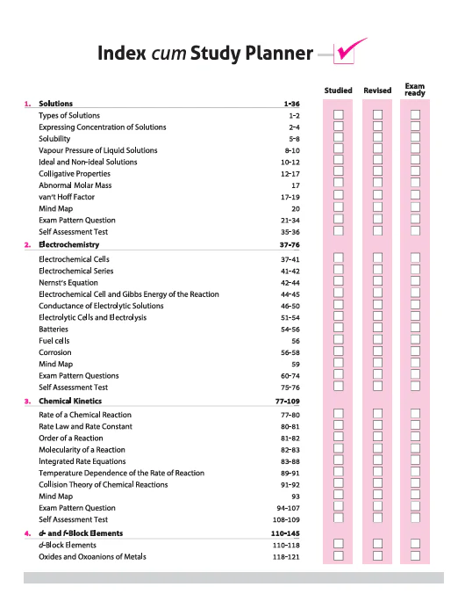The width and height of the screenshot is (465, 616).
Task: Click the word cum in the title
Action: click(x=168, y=54)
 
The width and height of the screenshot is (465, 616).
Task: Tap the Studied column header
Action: click(x=338, y=91)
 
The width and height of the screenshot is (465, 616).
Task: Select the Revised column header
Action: click(x=377, y=91)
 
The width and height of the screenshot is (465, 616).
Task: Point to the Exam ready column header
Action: click(x=415, y=89)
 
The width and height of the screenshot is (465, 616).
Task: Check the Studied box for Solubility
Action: click(x=339, y=137)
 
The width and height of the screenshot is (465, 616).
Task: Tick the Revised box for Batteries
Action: click(x=377, y=328)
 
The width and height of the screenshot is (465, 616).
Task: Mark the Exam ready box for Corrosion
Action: click(x=415, y=351)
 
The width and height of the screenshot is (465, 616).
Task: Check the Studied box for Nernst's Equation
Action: click(x=339, y=281)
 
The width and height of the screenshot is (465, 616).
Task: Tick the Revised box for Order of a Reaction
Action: click(x=377, y=437)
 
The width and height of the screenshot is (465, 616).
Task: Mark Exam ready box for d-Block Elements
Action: click(x=415, y=543)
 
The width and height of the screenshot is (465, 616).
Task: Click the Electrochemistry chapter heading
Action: click(x=69, y=244)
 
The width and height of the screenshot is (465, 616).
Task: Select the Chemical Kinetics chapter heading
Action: click(x=70, y=401)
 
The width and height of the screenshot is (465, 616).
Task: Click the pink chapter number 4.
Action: click(x=27, y=533)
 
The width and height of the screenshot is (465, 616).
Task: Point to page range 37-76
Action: click(x=290, y=245)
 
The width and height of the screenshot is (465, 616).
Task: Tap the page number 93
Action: click(x=296, y=496)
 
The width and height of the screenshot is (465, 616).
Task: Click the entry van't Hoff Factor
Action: click(x=67, y=197)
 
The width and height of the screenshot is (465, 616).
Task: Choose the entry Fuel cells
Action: click(x=54, y=341)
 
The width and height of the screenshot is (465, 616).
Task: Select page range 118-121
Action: click(x=286, y=556)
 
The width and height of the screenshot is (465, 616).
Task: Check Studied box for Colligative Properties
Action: click(x=339, y=171)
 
